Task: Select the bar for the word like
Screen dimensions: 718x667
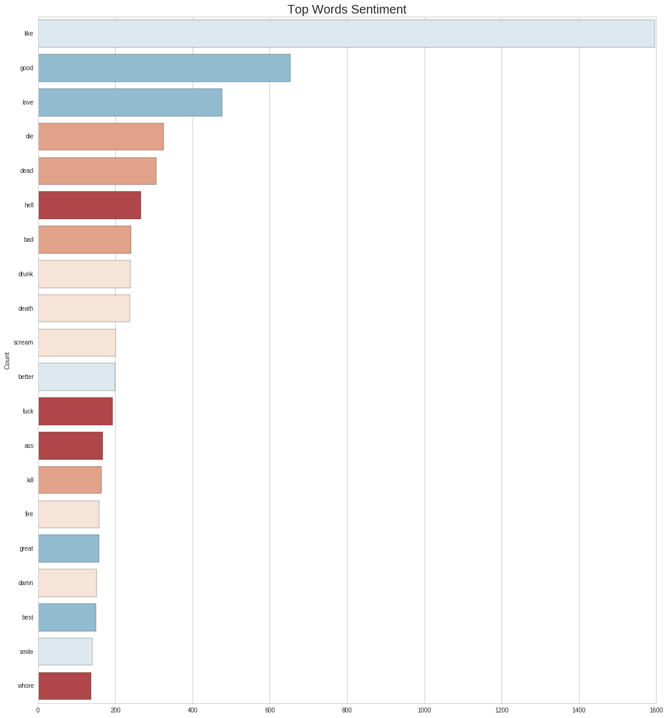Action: click(x=346, y=33)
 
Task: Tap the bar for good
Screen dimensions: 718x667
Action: click(x=164, y=68)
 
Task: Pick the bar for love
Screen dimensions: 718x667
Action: click(x=130, y=102)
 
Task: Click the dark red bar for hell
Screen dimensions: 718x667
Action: click(x=89, y=205)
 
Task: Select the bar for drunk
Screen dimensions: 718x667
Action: click(x=84, y=274)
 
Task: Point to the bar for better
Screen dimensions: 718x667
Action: click(x=76, y=377)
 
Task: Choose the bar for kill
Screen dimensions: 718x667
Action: click(x=70, y=480)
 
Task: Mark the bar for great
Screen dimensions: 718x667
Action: click(x=68, y=548)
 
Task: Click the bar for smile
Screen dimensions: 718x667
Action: click(x=65, y=652)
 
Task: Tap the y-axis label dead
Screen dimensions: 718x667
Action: click(x=26, y=171)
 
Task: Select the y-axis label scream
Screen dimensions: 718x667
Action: click(x=23, y=342)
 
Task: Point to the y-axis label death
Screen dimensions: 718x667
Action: click(x=26, y=308)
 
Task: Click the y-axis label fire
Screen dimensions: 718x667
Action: click(x=29, y=514)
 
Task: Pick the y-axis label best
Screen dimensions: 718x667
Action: click(x=28, y=617)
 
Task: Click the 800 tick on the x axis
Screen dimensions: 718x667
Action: click(x=347, y=710)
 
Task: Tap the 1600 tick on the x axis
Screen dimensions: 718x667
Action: click(x=655, y=710)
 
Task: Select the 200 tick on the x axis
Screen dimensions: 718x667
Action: click(x=116, y=710)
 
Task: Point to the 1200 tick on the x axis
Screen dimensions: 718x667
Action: click(x=501, y=710)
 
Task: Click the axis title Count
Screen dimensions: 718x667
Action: click(x=7, y=361)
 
